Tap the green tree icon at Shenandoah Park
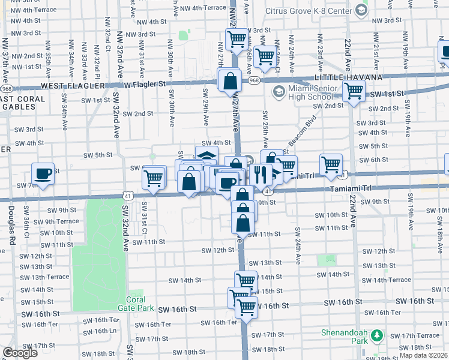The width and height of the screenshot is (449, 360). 377,335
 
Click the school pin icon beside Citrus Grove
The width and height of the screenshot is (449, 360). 361,10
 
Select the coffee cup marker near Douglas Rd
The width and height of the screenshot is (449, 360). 43,173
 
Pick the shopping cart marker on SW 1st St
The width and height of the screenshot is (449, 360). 354,91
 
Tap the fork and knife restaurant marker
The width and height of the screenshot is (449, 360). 260,174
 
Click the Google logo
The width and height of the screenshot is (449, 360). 20,353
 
